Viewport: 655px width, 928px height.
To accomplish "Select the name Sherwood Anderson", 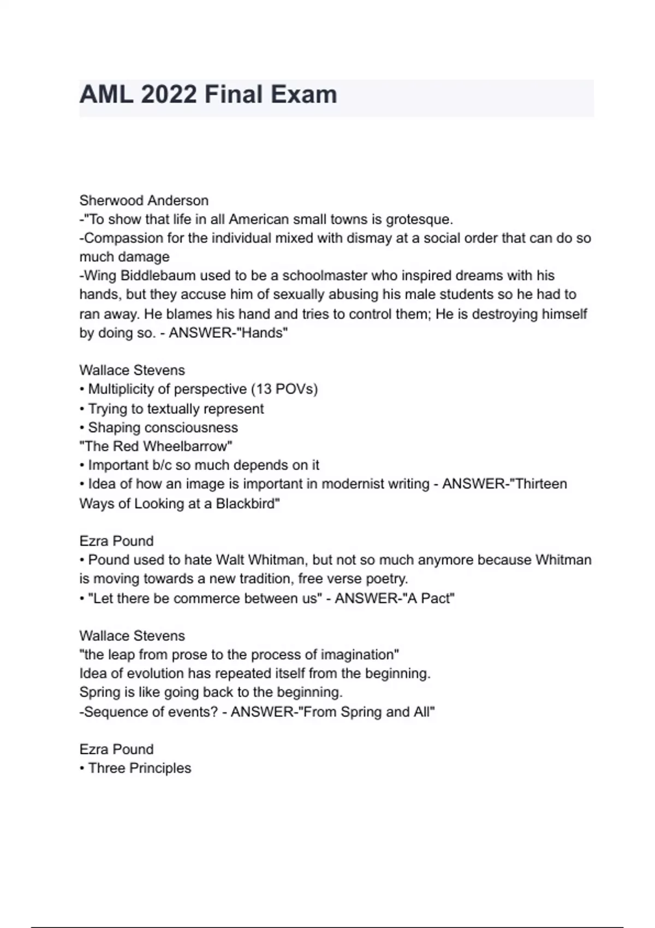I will [x=144, y=200].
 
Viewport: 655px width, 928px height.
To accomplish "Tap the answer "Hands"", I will [x=264, y=333].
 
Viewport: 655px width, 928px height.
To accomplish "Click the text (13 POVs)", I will [x=284, y=389].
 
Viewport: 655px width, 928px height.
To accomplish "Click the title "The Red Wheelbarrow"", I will [x=156, y=446].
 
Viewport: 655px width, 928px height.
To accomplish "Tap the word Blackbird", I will [x=248, y=503].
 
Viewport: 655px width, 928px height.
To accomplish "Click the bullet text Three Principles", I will [x=139, y=768].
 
